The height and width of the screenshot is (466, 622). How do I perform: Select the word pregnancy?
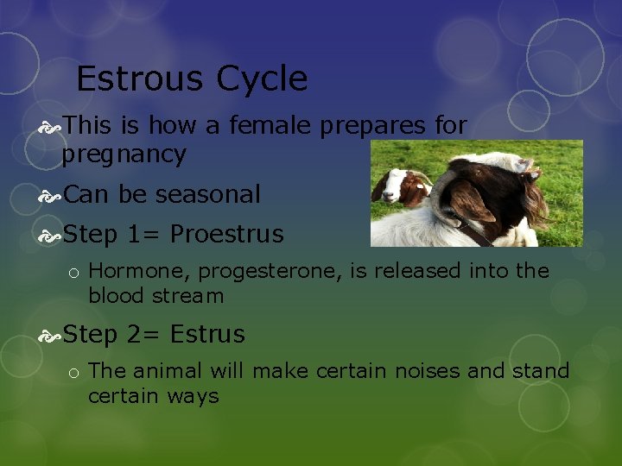point(124,154)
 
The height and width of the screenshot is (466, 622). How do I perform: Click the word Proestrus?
point(226,235)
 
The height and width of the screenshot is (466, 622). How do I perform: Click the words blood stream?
point(155,296)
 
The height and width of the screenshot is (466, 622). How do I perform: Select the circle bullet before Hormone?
point(75,274)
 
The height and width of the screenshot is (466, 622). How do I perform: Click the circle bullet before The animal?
point(75,374)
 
